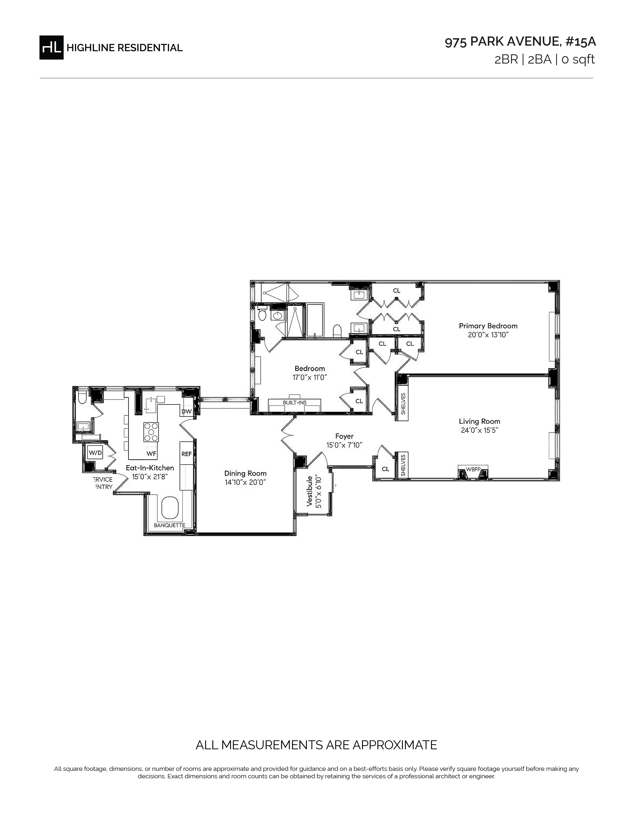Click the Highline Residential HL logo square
(51, 47)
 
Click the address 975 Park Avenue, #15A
(520, 42)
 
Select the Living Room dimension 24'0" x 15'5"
(479, 430)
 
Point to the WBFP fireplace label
(473, 469)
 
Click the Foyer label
(344, 436)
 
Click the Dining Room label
(245, 473)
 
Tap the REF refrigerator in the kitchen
(186, 454)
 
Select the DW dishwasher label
(186, 411)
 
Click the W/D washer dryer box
(95, 453)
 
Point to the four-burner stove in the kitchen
(151, 432)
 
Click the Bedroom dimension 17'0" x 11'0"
(310, 378)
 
